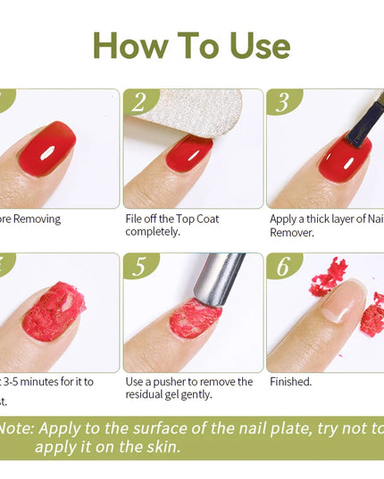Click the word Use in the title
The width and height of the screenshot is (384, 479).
pyautogui.click(x=253, y=45)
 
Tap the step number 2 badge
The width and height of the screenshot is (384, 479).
pyautogui.click(x=138, y=103)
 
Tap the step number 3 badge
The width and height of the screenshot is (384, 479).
pyautogui.click(x=282, y=103)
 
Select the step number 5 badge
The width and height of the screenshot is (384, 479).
pyautogui.click(x=138, y=268)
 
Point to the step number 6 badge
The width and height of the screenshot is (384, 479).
pyautogui.click(x=282, y=268)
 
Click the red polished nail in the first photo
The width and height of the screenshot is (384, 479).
pyautogui.click(x=49, y=148)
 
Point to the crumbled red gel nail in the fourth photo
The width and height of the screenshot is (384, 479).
pyautogui.click(x=54, y=312)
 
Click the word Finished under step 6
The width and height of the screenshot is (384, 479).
pyautogui.click(x=290, y=382)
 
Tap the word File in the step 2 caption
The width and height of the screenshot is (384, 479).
pyautogui.click(x=134, y=219)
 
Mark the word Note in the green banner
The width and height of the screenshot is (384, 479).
pyautogui.click(x=16, y=427)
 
